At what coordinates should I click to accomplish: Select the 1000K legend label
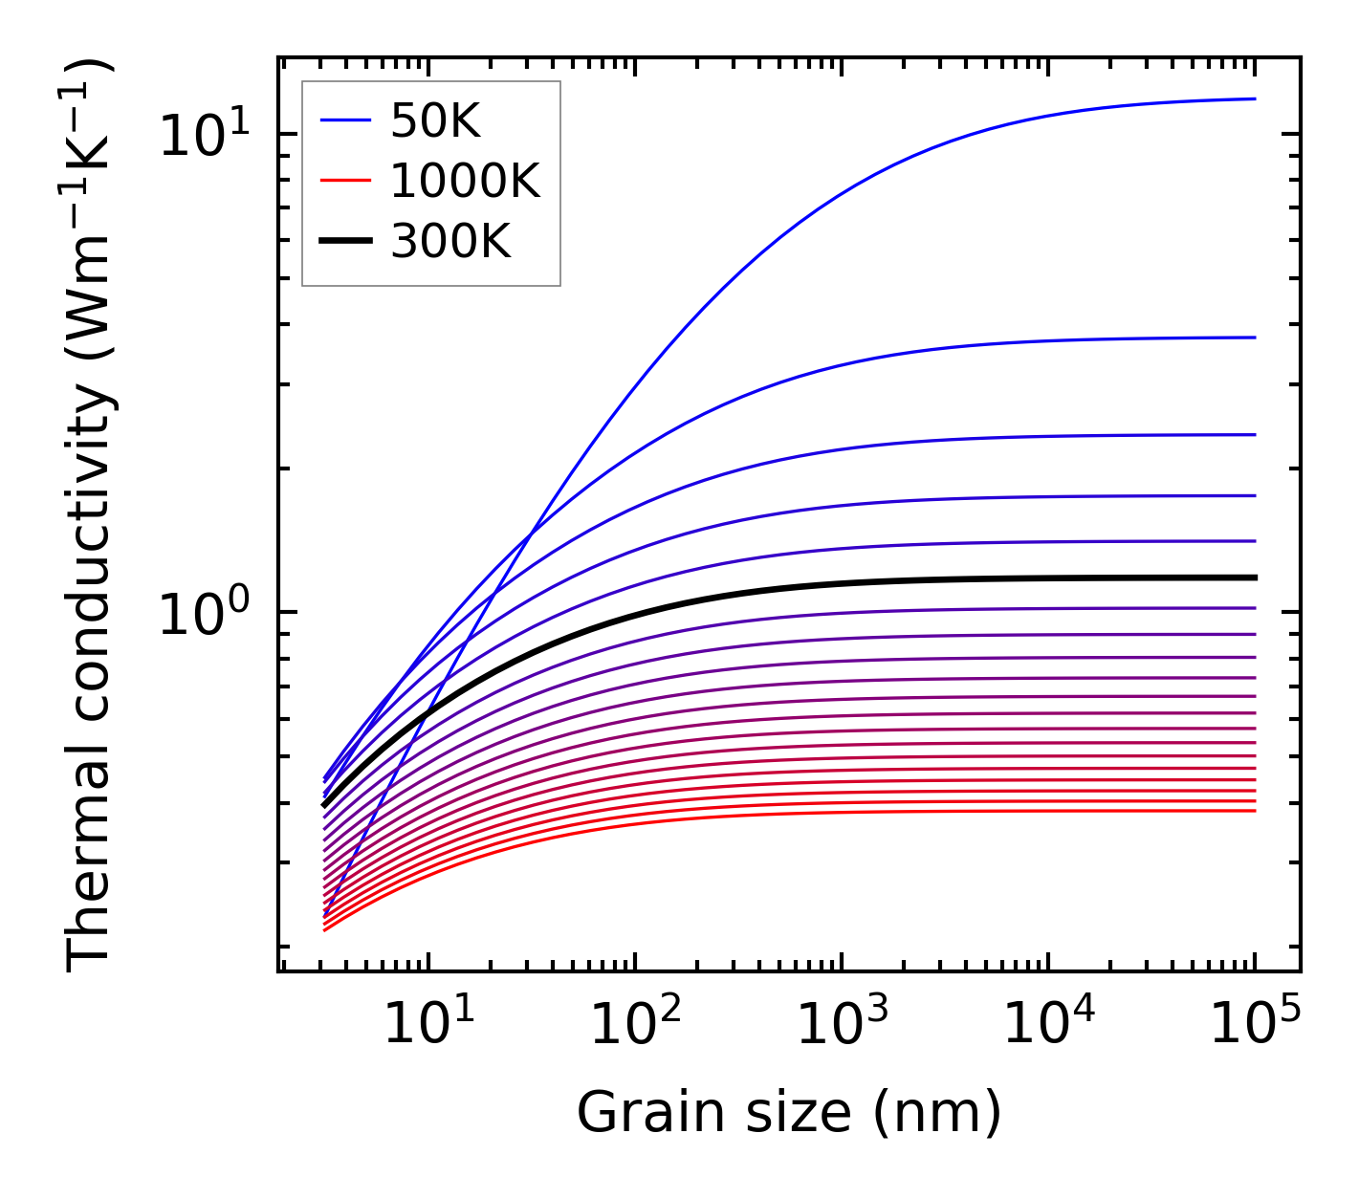(x=465, y=181)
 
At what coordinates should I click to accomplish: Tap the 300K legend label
(x=450, y=242)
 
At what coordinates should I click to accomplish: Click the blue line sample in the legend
(x=344, y=120)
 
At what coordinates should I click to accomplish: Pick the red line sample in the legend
(x=344, y=181)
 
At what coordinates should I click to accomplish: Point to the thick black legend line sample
(x=344, y=242)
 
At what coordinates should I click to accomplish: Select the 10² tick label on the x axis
(x=635, y=1025)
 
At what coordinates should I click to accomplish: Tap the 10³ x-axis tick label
(x=842, y=1025)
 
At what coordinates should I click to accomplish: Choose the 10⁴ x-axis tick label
(x=1048, y=1025)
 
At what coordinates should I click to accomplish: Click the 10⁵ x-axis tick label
(x=1255, y=1025)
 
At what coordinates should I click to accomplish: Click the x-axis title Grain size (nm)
(x=789, y=1113)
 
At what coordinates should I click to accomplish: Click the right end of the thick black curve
(x=1254, y=578)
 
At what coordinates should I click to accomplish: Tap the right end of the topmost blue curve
(x=1254, y=98)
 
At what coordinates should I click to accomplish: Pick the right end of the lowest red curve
(x=1254, y=811)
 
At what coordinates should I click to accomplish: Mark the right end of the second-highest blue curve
(x=1254, y=338)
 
